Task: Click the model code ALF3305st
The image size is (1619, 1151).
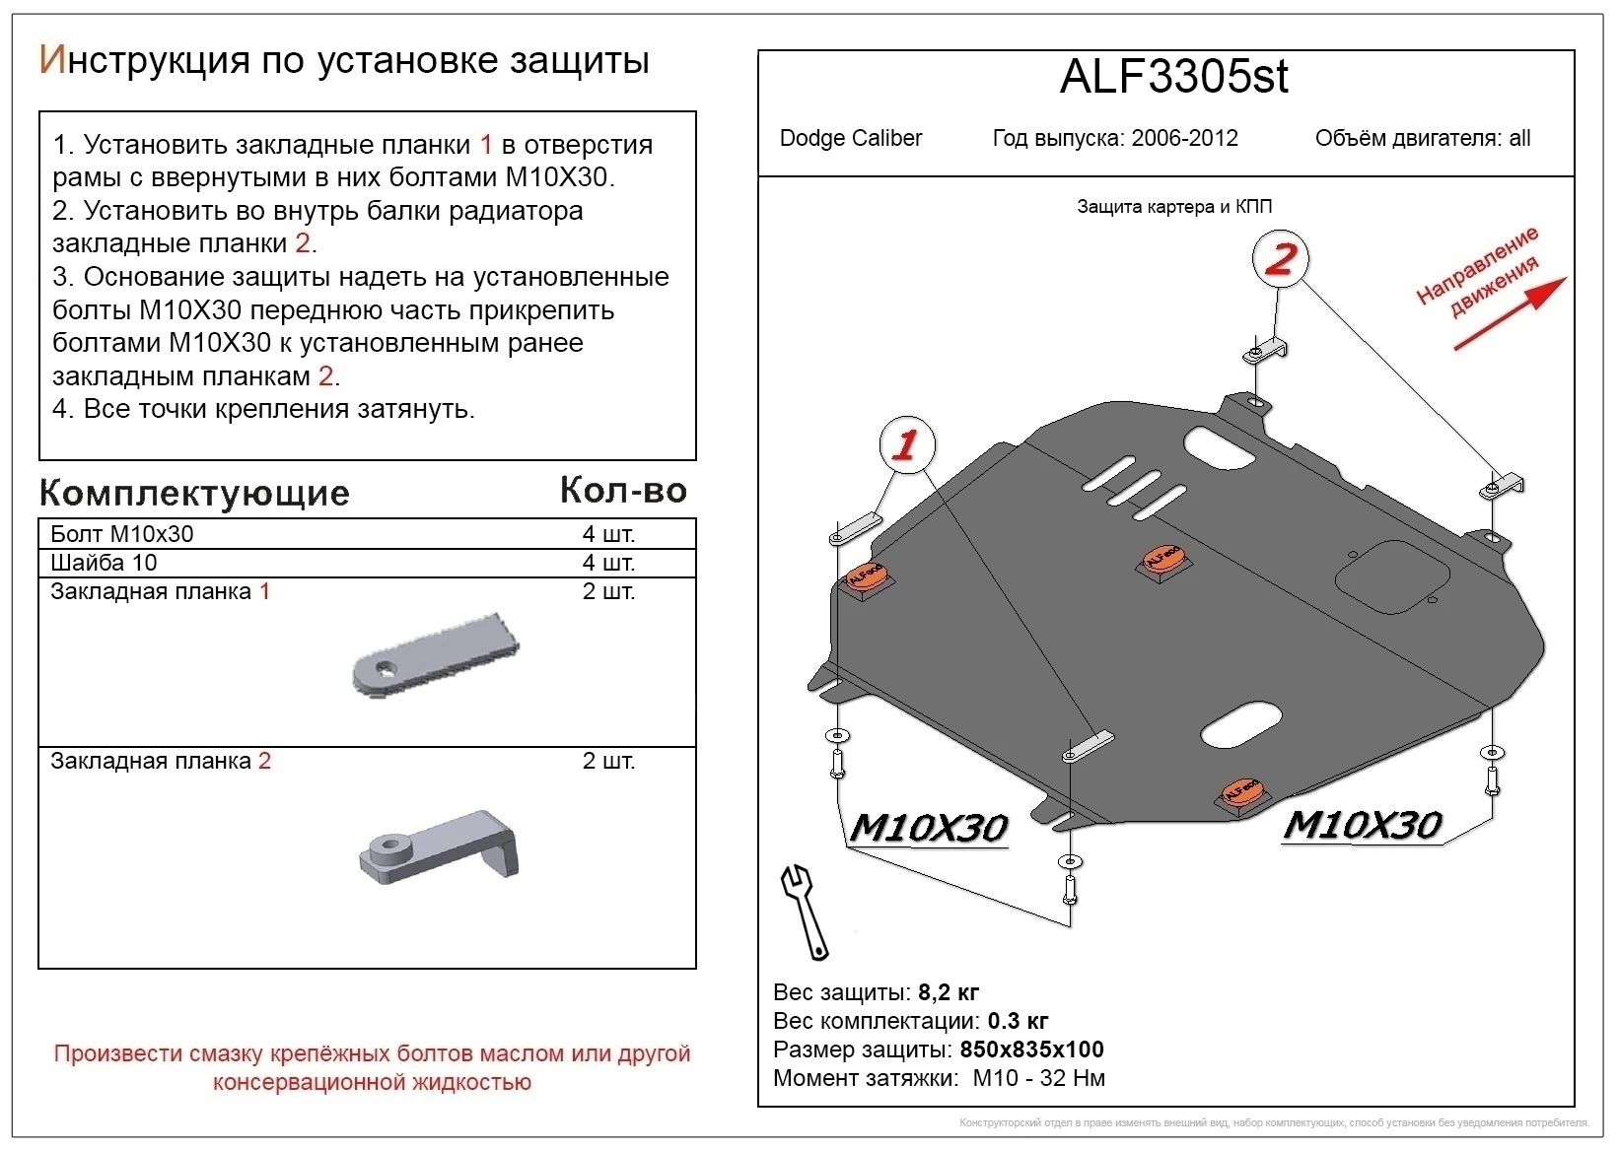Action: tap(1173, 77)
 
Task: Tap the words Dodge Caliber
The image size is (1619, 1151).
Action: tap(850, 138)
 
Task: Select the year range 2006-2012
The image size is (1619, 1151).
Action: tap(1184, 138)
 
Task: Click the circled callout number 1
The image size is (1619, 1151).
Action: tap(905, 445)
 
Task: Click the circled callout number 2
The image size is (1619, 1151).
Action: tap(1280, 259)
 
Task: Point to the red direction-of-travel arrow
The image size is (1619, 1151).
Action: tap(1509, 314)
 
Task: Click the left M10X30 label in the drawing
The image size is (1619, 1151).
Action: tap(928, 828)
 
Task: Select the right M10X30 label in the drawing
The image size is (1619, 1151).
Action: tap(1362, 824)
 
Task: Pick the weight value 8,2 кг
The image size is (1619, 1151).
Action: tap(948, 992)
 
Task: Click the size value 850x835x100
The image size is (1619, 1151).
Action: tap(1031, 1049)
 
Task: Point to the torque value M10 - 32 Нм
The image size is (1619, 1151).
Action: tap(1038, 1078)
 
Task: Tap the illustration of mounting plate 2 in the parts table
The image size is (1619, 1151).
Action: tap(440, 846)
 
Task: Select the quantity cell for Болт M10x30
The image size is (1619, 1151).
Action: tap(608, 534)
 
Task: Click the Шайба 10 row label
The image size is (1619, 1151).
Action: tap(104, 563)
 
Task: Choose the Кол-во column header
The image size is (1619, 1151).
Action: tap(623, 491)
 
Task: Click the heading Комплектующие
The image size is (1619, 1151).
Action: tap(194, 493)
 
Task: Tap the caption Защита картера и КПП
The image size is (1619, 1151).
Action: tap(1173, 207)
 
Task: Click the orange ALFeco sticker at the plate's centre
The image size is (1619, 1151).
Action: tap(1164, 559)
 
